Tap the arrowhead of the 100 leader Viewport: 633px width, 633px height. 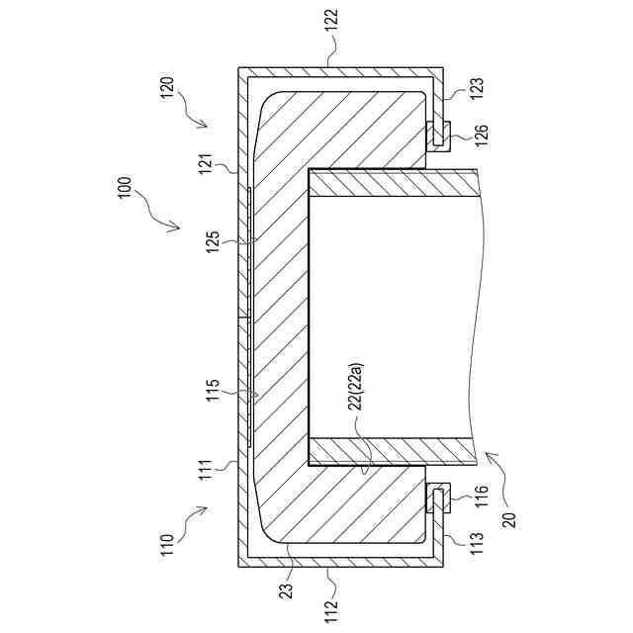point(180,226)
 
